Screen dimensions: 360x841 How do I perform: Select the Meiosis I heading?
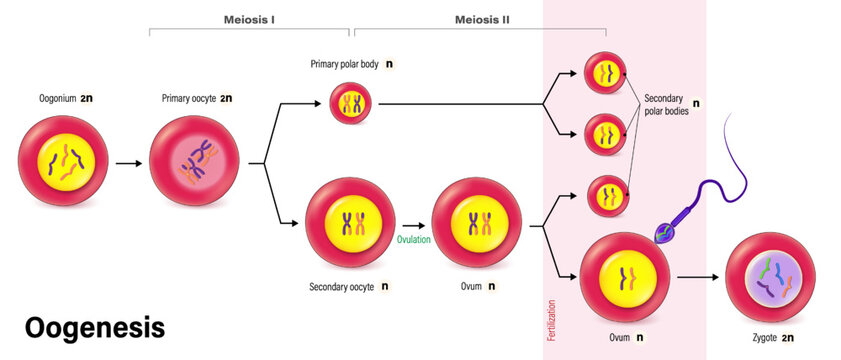(x=250, y=18)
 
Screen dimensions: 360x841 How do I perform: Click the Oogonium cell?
(x=61, y=160)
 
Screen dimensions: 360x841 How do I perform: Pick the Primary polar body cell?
(x=352, y=103)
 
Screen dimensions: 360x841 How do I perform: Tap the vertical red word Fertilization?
(x=552, y=315)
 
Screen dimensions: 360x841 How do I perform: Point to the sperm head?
(x=665, y=232)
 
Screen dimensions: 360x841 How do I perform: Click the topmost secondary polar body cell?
(x=605, y=72)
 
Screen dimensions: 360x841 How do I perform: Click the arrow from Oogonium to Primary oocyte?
(x=127, y=161)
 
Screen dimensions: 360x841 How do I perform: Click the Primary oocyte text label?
(x=189, y=98)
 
